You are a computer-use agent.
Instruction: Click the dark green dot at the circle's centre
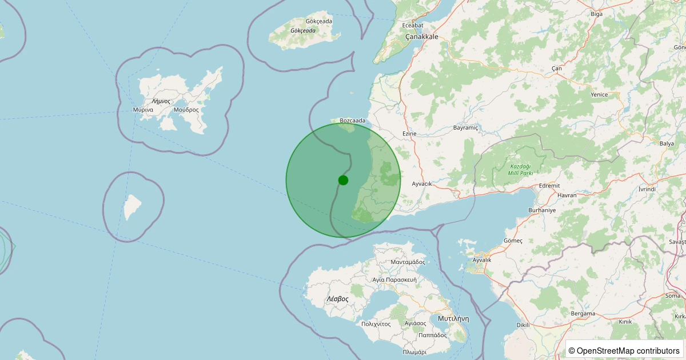coord(343,180)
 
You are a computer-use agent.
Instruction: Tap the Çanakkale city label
coord(421,37)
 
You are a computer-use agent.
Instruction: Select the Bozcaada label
coord(352,121)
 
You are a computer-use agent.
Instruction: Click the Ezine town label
coord(409,134)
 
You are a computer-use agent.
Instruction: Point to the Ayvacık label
coord(422,183)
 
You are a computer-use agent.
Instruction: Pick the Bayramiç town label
coord(465,128)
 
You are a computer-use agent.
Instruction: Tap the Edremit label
coord(549,186)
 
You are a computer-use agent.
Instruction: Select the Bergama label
coord(583,314)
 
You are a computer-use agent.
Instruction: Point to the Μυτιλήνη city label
coord(453,318)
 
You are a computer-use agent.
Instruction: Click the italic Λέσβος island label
coord(337,299)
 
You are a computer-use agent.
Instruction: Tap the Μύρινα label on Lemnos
coord(142,109)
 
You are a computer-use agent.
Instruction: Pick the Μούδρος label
coord(186,109)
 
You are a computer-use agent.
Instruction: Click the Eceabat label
coord(413,25)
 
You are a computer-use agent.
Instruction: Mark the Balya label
coord(667,143)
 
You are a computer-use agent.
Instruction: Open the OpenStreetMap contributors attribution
coord(624,350)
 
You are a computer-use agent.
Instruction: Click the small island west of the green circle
coord(133,207)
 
